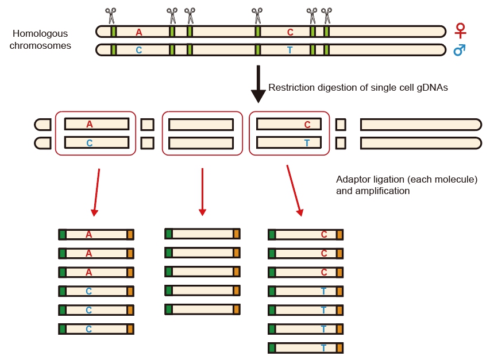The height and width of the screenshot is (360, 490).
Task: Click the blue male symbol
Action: pyautogui.click(x=460, y=50)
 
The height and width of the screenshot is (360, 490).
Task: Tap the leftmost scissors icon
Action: pyautogui.click(x=111, y=15)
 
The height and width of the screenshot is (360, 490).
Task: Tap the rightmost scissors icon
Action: pyautogui.click(x=327, y=15)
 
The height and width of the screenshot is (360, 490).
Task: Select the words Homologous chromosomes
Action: pyautogui.click(x=40, y=40)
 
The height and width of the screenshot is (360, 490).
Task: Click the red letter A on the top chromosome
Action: pyautogui.click(x=139, y=32)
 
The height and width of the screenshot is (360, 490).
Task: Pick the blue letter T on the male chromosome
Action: pyautogui.click(x=290, y=51)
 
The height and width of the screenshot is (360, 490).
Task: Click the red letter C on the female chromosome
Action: pyautogui.click(x=290, y=32)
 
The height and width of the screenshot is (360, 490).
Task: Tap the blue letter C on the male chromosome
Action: pyautogui.click(x=139, y=51)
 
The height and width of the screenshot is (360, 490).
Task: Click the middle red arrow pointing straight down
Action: pyautogui.click(x=202, y=192)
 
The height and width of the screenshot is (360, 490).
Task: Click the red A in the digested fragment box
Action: pyautogui.click(x=90, y=124)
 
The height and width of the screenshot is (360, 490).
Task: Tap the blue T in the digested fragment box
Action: pyautogui.click(x=307, y=142)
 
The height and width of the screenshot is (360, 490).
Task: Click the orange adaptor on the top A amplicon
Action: pyautogui.click(x=130, y=234)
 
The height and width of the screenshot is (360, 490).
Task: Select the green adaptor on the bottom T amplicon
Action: pyautogui.click(x=272, y=348)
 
